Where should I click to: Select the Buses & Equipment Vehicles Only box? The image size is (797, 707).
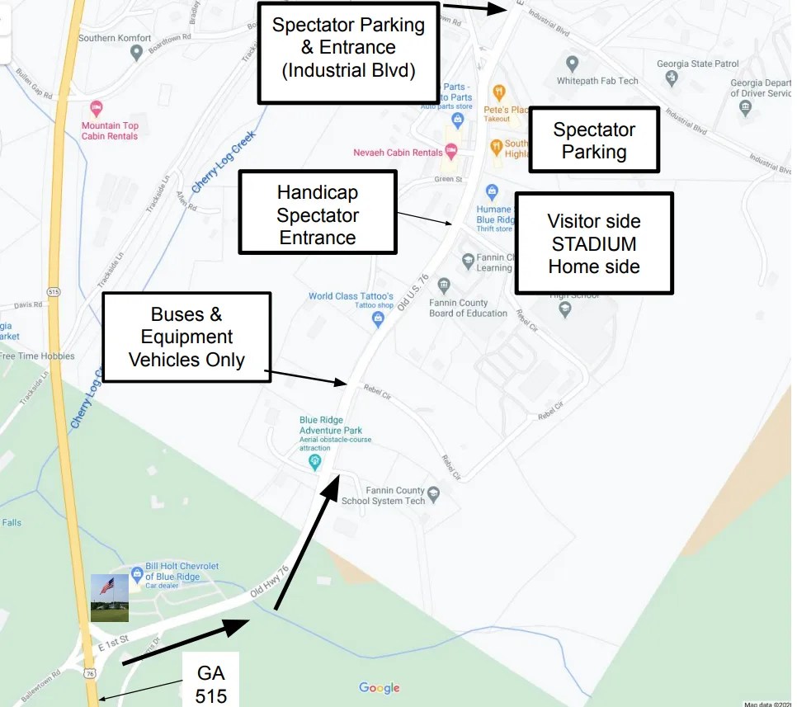pos(186,337)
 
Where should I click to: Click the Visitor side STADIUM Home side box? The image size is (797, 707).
pos(594,243)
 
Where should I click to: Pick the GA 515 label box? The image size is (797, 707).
pos(211,685)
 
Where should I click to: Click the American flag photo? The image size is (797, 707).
pos(109,598)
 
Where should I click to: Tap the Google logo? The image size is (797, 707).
pos(380,688)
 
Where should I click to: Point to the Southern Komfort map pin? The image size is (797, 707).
pos(137,53)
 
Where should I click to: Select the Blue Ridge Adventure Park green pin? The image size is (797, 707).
pos(314,461)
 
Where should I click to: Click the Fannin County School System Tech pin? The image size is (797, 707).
pos(434,495)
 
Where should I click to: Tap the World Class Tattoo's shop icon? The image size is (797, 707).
pos(378,317)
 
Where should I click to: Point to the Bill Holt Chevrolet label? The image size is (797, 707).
pos(182,572)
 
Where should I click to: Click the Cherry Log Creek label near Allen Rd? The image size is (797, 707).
pos(224,162)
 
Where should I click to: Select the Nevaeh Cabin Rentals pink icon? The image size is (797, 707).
pos(450,152)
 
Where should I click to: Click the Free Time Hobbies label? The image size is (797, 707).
pos(37,356)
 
